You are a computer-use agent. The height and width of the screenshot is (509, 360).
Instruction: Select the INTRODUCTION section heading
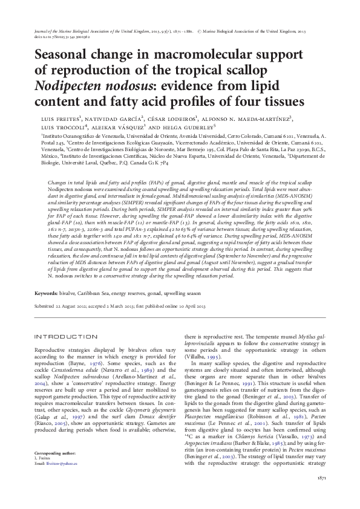[x=63, y=336]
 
